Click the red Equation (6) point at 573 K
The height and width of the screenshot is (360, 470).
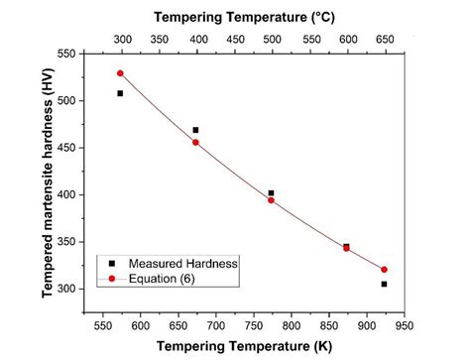tap(120, 73)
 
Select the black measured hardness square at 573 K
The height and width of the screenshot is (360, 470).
tap(120, 93)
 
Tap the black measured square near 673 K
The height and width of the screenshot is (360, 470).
tap(195, 130)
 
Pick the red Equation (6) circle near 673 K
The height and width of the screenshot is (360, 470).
tap(195, 142)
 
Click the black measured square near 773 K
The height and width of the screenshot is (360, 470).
tap(271, 193)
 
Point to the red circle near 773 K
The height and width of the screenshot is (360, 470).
tap(271, 200)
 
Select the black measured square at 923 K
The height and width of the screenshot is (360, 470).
tap(384, 284)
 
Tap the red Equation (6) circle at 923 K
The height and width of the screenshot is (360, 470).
tap(384, 270)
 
